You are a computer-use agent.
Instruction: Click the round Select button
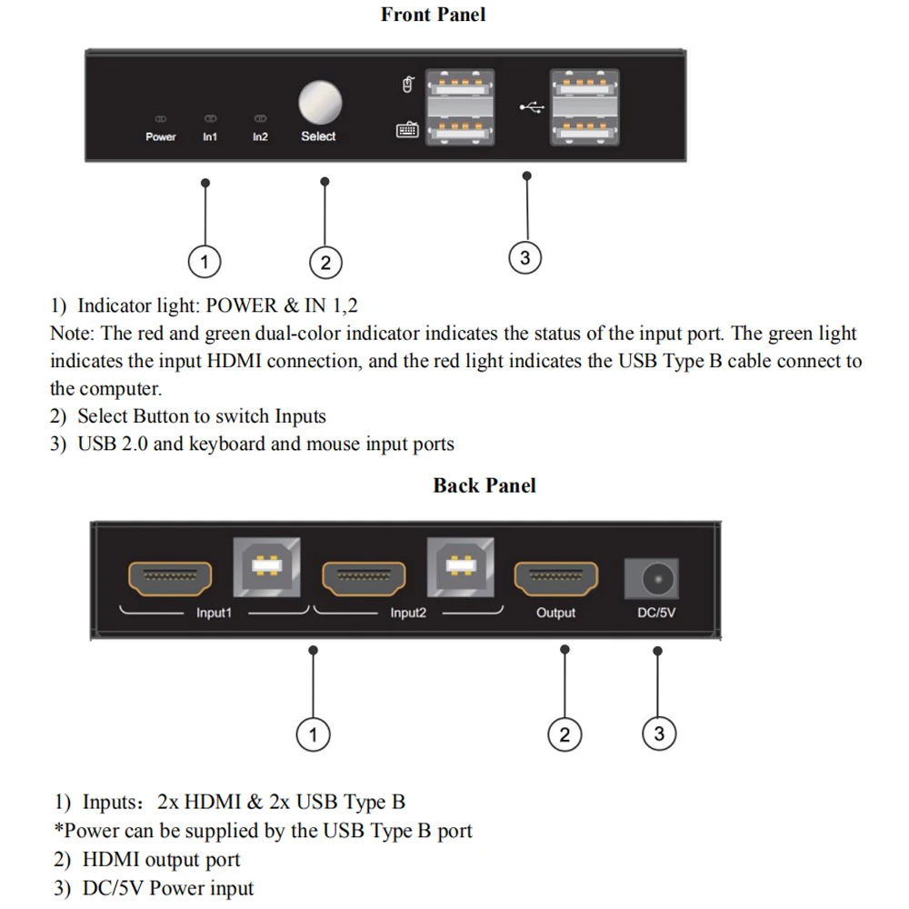coord(320,103)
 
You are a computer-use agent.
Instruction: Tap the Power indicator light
coord(161,119)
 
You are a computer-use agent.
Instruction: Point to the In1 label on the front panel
coord(210,137)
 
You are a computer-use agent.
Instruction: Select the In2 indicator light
coord(260,119)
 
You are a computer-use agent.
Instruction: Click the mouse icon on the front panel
coord(408,85)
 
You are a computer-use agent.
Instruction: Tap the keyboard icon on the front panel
coord(407,129)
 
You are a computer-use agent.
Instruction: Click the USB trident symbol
coord(532,107)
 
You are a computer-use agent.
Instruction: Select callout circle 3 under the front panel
coord(525,257)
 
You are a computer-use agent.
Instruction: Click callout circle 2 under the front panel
coord(325,263)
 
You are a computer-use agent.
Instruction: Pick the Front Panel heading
coord(433,15)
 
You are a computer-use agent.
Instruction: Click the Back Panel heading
coord(484,485)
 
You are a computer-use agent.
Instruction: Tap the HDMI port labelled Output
coord(556,578)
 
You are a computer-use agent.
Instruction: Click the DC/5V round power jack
coord(652,578)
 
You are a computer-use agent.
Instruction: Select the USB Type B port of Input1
coord(266,567)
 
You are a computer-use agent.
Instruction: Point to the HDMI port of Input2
coord(365,578)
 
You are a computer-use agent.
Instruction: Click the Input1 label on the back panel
coord(214,613)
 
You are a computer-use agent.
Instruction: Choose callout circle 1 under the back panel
coord(313,734)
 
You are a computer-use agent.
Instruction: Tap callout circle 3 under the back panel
coord(659,734)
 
